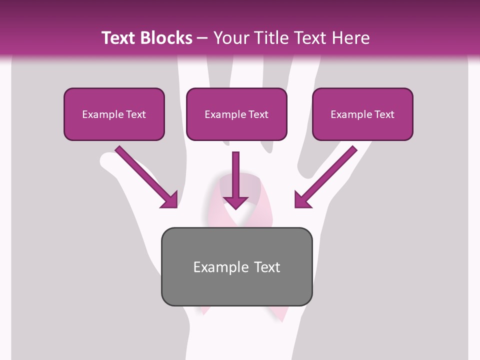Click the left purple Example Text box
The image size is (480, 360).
[x=114, y=114]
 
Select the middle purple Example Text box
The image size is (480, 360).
[x=236, y=114]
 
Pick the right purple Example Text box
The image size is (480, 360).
[x=362, y=114]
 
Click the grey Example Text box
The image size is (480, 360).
[x=236, y=266]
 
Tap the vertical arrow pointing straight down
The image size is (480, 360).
[x=235, y=180]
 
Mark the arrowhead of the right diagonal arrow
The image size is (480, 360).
[x=301, y=200]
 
